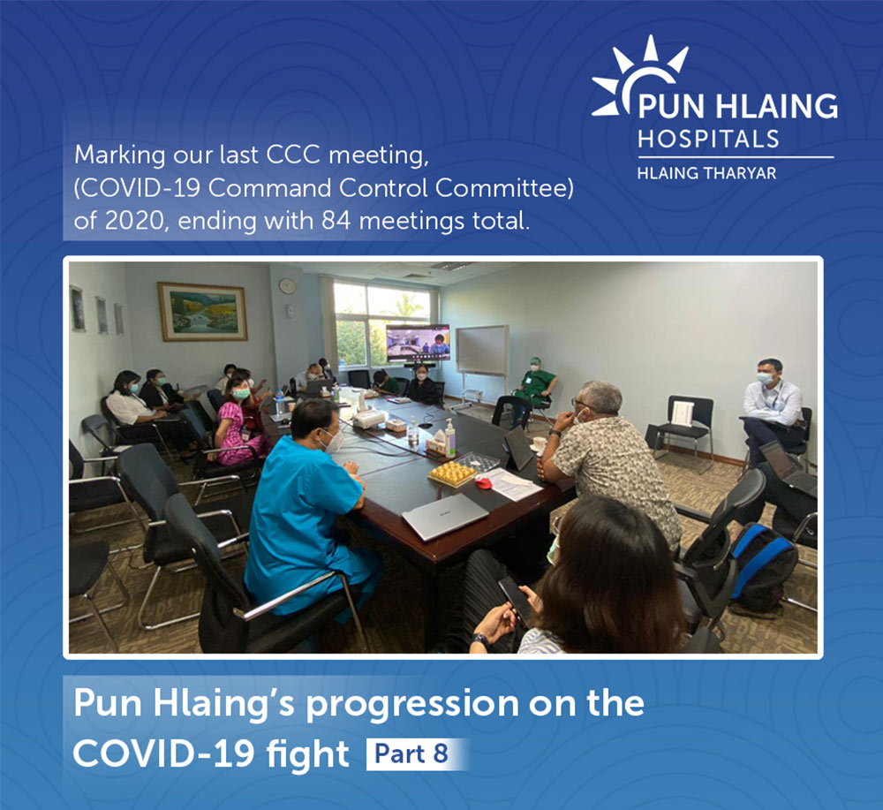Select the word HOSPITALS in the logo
point(708,139)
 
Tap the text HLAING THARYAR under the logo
point(706,173)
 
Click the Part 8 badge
point(411,753)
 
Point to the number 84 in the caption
point(336,220)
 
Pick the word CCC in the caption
point(293,155)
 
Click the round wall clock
point(287,286)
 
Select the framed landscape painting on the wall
point(203,312)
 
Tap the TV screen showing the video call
point(418,343)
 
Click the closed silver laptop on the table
point(445,516)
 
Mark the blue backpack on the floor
point(762,567)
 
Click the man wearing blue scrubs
point(307,510)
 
